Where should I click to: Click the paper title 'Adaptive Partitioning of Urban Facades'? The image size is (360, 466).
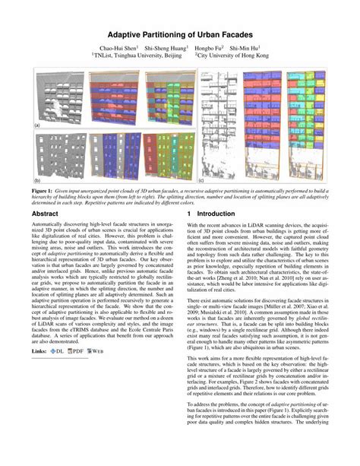(x=180, y=35)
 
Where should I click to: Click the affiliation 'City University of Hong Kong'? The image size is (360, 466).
(x=233, y=55)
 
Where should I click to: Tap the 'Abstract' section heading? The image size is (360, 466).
(x=46, y=215)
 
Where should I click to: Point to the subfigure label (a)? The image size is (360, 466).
(x=36, y=124)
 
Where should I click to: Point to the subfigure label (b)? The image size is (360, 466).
(x=36, y=182)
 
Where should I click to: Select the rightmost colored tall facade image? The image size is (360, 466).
(x=306, y=126)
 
